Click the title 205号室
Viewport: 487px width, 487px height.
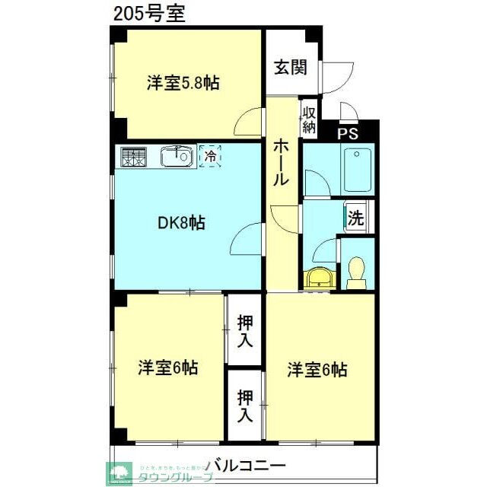tap(148, 14)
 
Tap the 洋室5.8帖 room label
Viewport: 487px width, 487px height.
tap(183, 83)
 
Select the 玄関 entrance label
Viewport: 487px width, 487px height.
tap(291, 68)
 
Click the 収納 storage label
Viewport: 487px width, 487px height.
tap(309, 119)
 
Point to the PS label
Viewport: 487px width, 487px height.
tap(348, 134)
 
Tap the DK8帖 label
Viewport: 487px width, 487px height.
tap(181, 223)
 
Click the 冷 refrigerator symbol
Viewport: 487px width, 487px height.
tap(210, 157)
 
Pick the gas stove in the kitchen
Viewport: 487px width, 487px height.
tap(134, 158)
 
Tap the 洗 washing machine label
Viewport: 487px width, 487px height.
tap(355, 218)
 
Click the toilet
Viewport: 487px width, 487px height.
tap(355, 272)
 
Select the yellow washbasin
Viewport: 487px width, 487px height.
tap(318, 279)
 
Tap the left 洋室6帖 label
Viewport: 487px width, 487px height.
tap(168, 368)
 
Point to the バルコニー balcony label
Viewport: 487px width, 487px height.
tap(245, 463)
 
